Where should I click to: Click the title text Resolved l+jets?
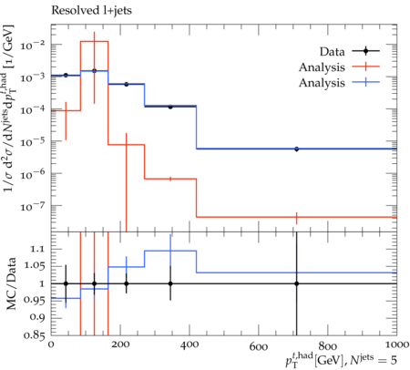click(91, 11)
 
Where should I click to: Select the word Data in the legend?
click(332, 52)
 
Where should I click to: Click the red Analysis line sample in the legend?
click(365, 67)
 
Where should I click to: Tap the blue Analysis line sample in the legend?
click(365, 82)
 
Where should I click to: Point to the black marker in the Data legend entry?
click(365, 51)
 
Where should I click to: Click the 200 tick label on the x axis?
click(120, 344)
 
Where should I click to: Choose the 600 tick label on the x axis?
click(259, 346)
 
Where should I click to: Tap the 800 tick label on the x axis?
click(328, 346)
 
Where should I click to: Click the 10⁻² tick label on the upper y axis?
click(33, 46)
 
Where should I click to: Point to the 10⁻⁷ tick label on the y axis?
click(33, 207)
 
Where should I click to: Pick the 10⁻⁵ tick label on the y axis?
click(33, 142)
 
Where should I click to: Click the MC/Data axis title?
click(11, 283)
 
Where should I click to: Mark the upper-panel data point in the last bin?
click(297, 149)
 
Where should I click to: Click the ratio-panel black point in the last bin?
click(297, 283)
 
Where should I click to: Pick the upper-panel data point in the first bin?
click(66, 75)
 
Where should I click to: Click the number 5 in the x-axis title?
click(394, 360)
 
